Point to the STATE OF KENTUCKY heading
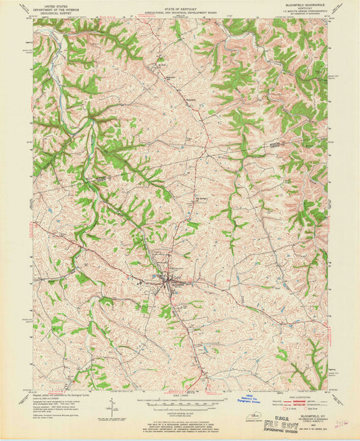click(180, 4)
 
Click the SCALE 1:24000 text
click(180, 396)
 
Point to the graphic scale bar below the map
click(180, 403)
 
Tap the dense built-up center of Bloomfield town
click(170, 279)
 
